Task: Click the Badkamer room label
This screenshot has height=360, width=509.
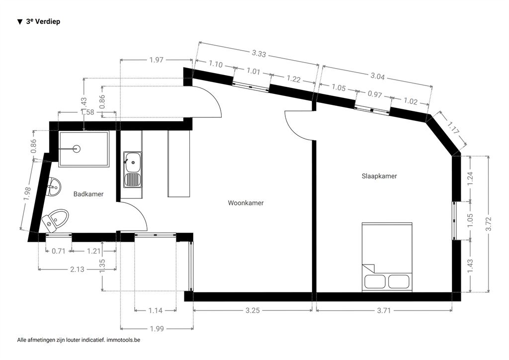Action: click(x=88, y=194)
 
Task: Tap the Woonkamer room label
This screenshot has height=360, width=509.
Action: click(x=246, y=203)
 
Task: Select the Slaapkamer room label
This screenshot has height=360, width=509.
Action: click(x=379, y=176)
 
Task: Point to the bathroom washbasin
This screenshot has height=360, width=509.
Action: click(x=54, y=187)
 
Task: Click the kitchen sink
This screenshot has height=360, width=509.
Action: click(x=132, y=170)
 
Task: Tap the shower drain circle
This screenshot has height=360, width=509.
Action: click(x=77, y=149)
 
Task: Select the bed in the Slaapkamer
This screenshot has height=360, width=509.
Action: click(x=387, y=257)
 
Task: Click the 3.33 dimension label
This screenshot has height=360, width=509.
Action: click(x=259, y=53)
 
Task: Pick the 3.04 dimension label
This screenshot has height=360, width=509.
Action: click(x=378, y=76)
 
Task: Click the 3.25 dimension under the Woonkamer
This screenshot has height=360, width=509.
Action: click(x=253, y=310)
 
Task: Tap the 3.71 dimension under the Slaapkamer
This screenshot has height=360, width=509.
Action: click(x=384, y=310)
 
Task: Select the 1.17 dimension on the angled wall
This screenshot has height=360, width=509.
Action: click(x=453, y=128)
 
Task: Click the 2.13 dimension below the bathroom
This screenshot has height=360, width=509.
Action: click(x=77, y=269)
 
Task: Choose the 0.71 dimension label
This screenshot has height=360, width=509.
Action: click(x=59, y=251)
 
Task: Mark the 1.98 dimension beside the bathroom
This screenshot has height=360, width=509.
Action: click(x=27, y=194)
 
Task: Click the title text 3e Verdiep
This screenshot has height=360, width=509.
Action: click(x=43, y=21)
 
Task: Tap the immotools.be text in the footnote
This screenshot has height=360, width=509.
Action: click(x=123, y=340)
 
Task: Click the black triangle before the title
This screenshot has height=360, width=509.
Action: click(x=20, y=22)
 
